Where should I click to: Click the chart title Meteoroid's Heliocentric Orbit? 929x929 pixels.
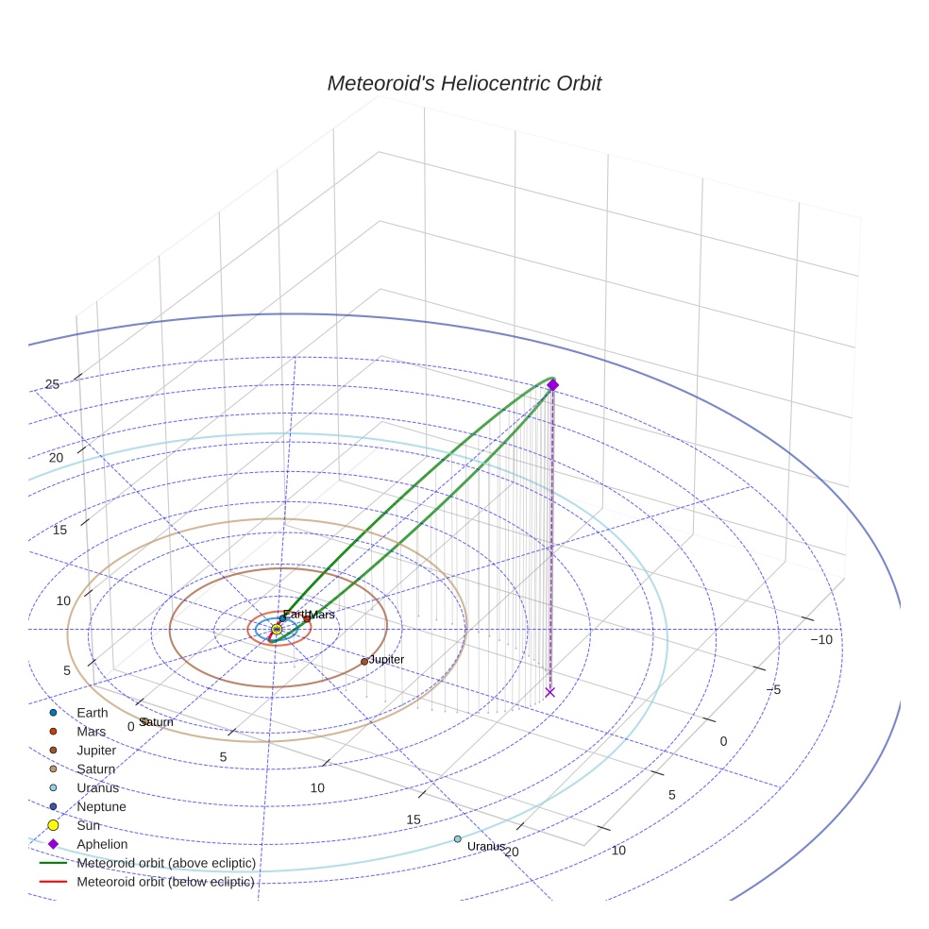click(464, 83)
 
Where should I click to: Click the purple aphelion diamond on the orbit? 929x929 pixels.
click(553, 385)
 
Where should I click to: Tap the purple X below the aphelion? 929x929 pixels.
click(549, 692)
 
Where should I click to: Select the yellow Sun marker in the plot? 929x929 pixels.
click(276, 629)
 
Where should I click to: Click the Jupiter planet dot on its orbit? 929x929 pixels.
click(364, 661)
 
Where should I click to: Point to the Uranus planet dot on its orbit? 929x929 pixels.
click(457, 839)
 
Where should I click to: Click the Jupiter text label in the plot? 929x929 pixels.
click(386, 659)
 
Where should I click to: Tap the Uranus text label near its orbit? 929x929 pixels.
click(486, 846)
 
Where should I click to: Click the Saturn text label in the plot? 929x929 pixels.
click(157, 722)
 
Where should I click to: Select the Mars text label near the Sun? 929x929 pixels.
click(322, 615)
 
